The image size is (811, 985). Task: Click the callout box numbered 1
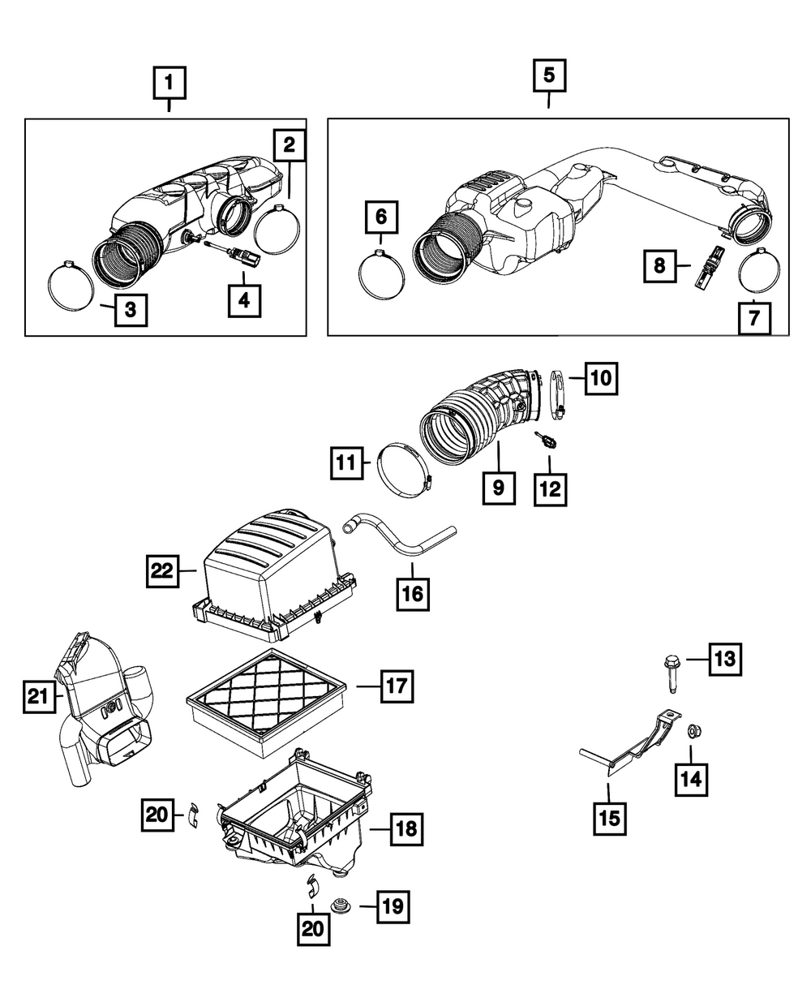[169, 82]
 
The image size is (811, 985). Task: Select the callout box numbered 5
[549, 76]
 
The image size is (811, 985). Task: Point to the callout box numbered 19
[393, 906]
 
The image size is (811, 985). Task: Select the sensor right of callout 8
[704, 266]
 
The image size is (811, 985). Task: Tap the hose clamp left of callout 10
[555, 395]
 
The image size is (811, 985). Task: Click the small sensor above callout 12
[545, 441]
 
